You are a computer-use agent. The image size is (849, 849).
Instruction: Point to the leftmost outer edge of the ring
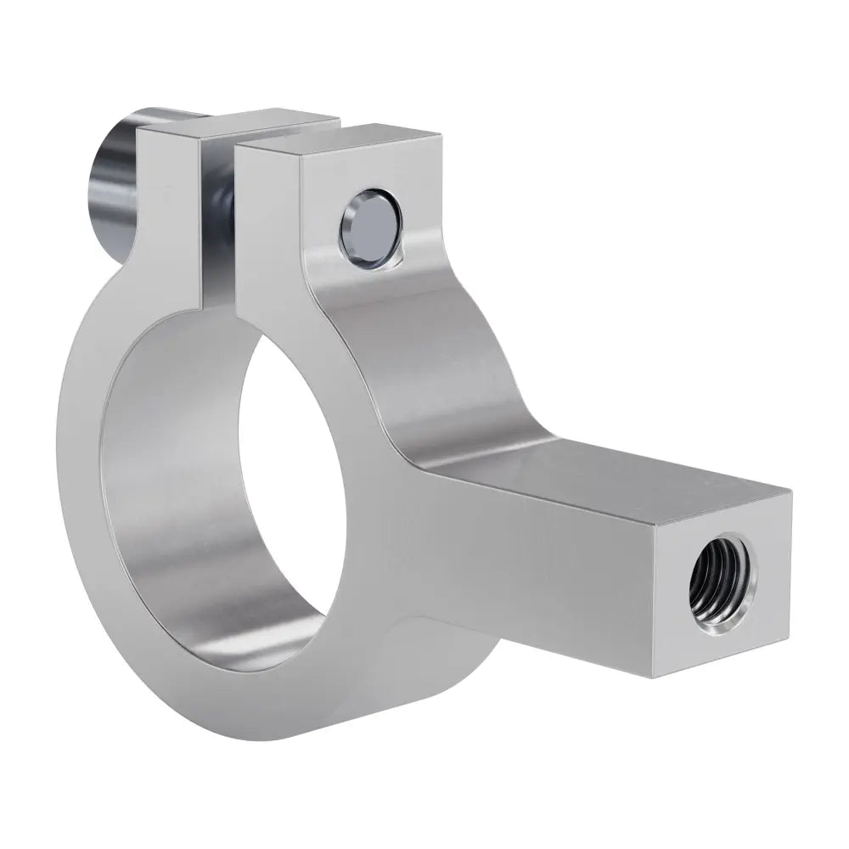[x=58, y=475]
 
